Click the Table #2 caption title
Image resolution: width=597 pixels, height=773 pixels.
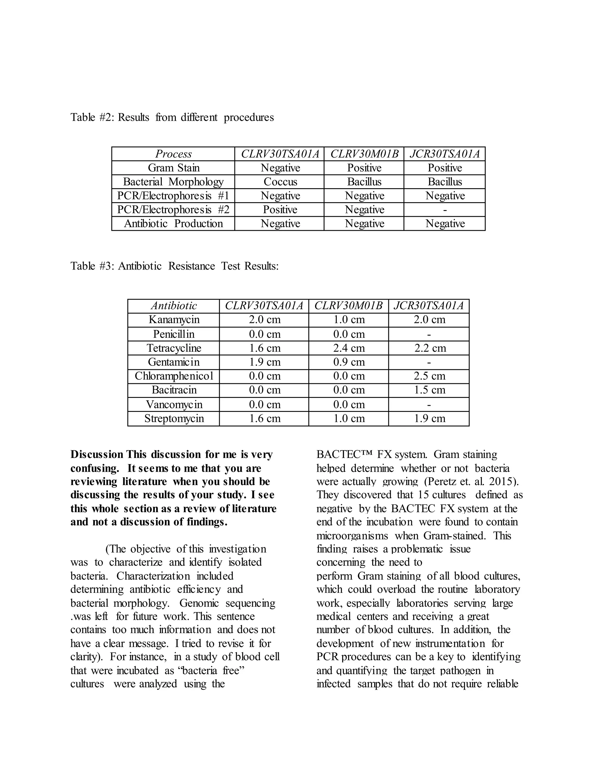(172, 117)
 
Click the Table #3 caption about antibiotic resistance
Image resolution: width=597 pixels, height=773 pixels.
(174, 266)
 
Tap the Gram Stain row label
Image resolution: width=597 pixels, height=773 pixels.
(173, 168)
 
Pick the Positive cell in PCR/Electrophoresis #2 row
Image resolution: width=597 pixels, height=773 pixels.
(280, 209)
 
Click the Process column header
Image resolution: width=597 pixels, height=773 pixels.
(173, 154)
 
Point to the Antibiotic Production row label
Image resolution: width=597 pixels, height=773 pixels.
(173, 224)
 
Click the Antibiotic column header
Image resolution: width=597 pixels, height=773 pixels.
(174, 306)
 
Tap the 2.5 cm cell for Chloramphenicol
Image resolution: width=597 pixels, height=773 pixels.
(429, 376)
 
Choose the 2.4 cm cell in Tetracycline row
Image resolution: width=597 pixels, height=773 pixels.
(349, 348)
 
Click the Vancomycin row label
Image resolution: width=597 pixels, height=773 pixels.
(174, 404)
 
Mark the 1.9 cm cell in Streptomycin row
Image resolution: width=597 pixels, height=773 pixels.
(429, 418)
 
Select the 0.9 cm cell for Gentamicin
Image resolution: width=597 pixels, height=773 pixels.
(349, 362)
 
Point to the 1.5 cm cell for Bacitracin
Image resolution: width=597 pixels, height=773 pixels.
(429, 390)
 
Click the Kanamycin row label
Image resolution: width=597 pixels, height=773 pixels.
(174, 320)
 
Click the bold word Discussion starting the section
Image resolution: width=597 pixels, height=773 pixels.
(96, 454)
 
